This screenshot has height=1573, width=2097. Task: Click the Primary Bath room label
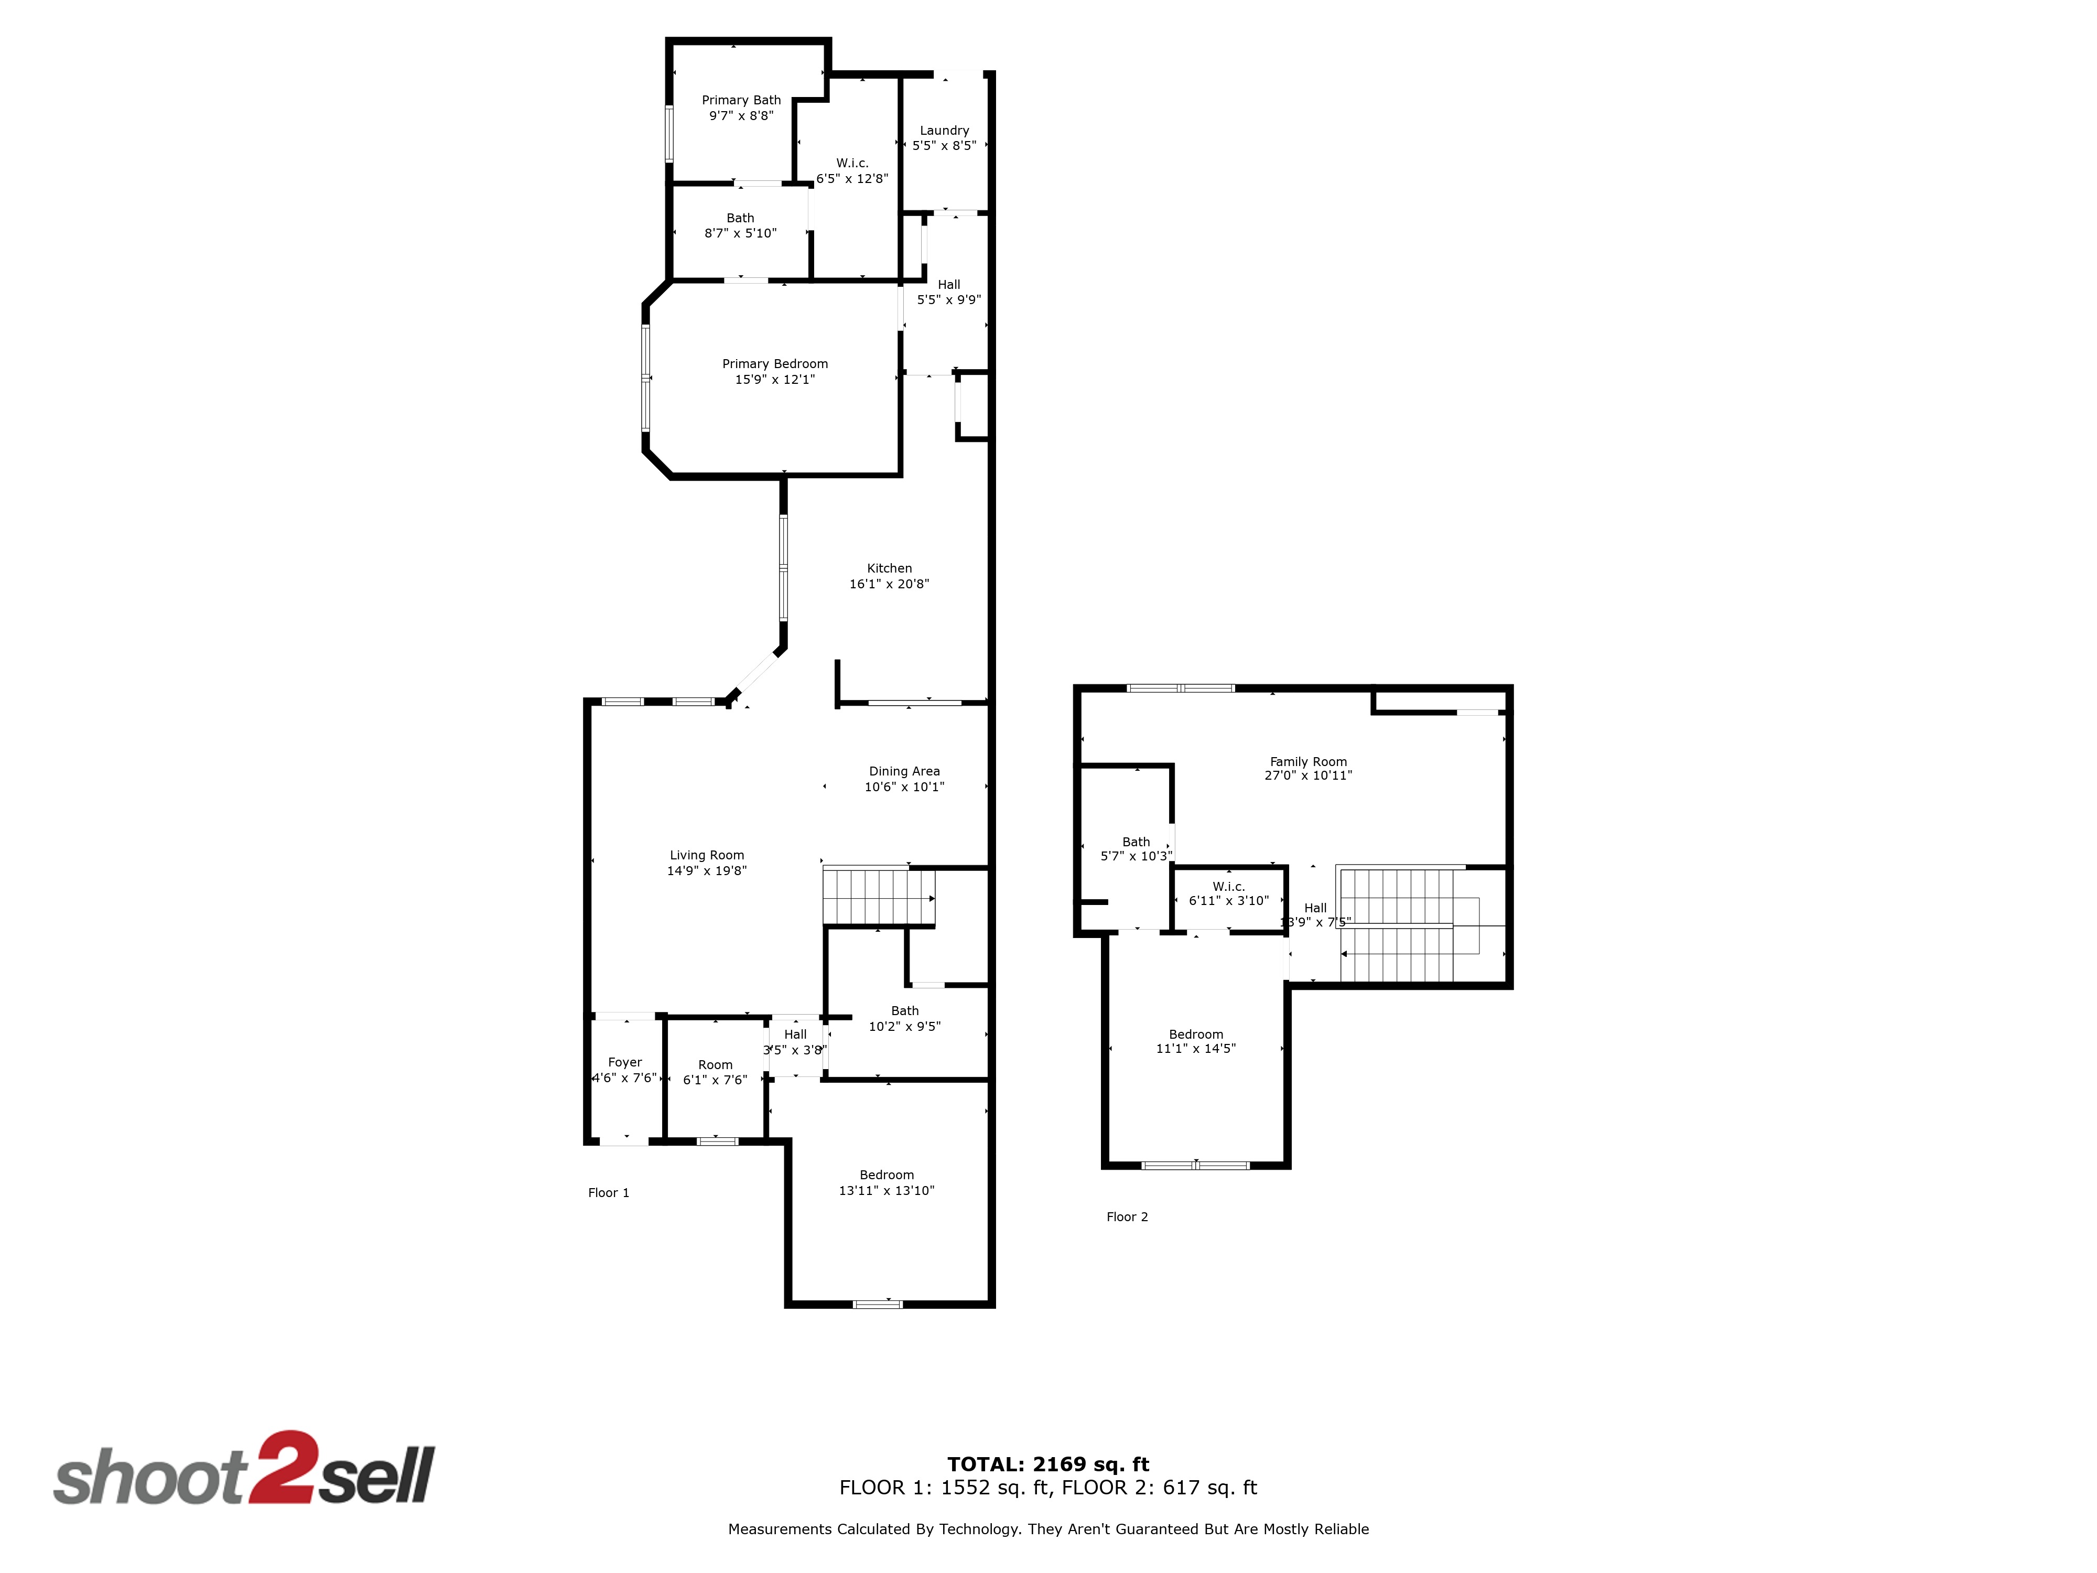(x=741, y=100)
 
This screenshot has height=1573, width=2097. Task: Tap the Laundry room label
(x=944, y=130)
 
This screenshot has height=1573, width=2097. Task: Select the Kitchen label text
(x=889, y=568)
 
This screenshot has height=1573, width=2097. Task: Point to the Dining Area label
(x=904, y=771)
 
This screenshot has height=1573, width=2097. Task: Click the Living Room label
(x=707, y=855)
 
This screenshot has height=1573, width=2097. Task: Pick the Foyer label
(x=625, y=1062)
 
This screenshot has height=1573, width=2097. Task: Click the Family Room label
(x=1308, y=761)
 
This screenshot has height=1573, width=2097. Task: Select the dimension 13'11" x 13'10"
(x=887, y=1190)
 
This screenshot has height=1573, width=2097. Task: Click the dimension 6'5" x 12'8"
(x=852, y=178)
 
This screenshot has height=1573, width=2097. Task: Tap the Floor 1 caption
(x=609, y=1193)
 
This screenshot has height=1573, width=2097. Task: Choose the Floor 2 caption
(x=1127, y=1216)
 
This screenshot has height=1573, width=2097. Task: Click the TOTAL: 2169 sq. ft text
(x=1048, y=1464)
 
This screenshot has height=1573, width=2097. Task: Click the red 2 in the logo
(x=280, y=1467)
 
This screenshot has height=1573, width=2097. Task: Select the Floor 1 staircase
(x=879, y=896)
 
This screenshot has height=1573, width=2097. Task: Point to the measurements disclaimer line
(x=1048, y=1528)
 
